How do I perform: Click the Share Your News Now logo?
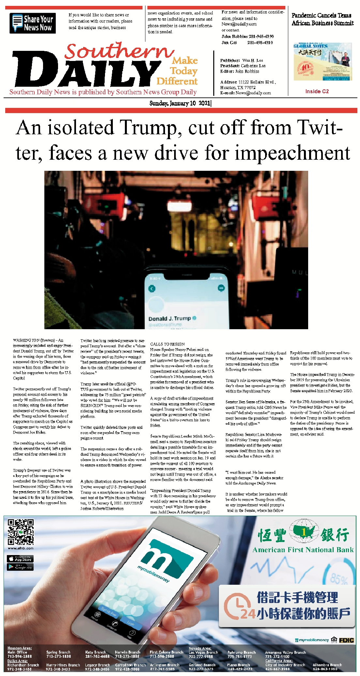coord(33,23)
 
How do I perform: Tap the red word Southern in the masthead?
coord(119,51)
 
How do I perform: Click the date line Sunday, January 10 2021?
coord(180,103)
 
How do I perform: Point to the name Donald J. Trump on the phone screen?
coord(170,318)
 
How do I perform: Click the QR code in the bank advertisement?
coord(21,532)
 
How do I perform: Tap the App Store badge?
coord(20,559)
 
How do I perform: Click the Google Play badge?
coord(20,567)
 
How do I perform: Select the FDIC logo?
coord(346,640)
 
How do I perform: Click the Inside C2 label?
coord(317,91)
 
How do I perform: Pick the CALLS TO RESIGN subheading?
coord(167,344)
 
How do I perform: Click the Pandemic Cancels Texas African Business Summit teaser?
coord(322,19)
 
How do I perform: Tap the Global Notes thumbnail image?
coord(322,62)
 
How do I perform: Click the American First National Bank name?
coord(303,550)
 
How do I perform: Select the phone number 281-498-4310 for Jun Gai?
coord(260,42)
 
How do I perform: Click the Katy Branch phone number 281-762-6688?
coord(97,656)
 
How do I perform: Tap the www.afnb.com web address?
coord(21,548)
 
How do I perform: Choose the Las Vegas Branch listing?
coord(203,652)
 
